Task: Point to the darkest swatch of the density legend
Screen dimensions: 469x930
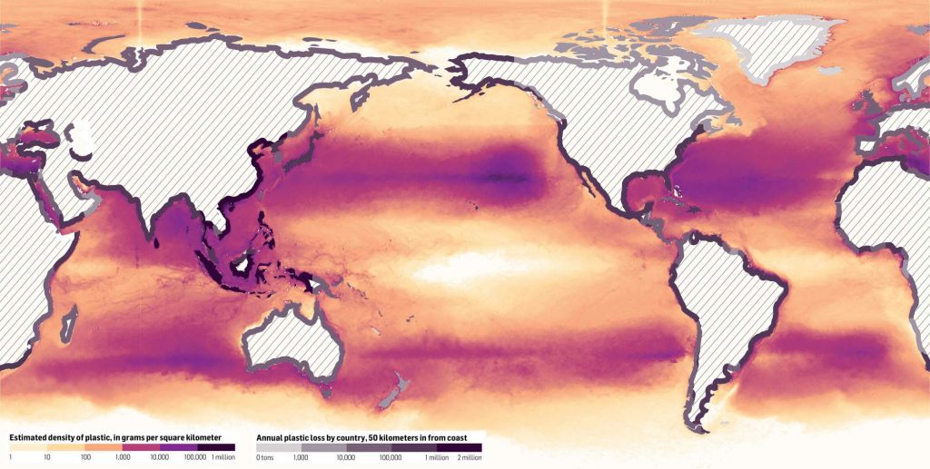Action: click(x=216, y=447)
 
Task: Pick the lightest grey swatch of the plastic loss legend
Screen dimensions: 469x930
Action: click(x=278, y=447)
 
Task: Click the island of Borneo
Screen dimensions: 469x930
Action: click(x=243, y=263)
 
